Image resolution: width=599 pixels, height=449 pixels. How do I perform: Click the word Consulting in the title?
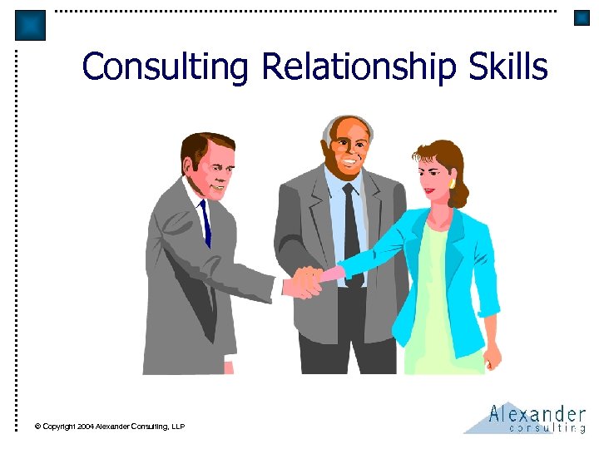pyautogui.click(x=166, y=67)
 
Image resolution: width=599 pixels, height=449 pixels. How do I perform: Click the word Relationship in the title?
pyautogui.click(x=357, y=67)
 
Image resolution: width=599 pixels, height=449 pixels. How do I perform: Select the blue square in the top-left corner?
pyautogui.click(x=31, y=25)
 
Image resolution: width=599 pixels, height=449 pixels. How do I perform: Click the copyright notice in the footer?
pyautogui.click(x=109, y=427)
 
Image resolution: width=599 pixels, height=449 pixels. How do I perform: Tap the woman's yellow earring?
pyautogui.click(x=452, y=182)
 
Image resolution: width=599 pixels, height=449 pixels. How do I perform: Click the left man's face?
pyautogui.click(x=214, y=170)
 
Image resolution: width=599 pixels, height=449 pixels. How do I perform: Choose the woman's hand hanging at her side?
pyautogui.click(x=493, y=355)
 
